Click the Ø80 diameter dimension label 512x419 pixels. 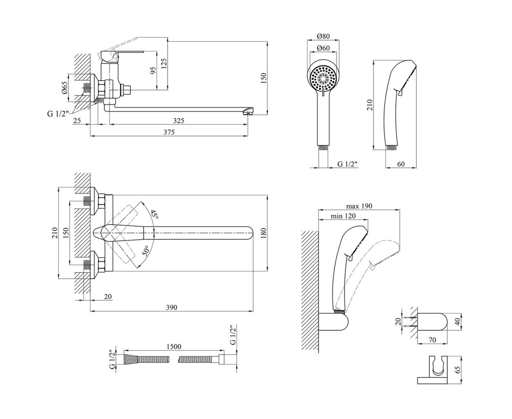click(323, 36)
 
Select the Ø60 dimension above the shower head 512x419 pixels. click(323, 48)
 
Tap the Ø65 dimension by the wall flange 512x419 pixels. click(65, 88)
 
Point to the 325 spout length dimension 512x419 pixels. click(178, 121)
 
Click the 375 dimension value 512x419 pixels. click(168, 132)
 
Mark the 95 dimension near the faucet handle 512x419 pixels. click(153, 70)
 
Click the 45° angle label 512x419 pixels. click(153, 214)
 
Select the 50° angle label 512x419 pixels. click(146, 250)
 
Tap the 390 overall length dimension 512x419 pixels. click(172, 307)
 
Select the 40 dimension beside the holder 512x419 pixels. click(457, 321)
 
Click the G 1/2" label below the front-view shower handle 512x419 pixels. click(348, 164)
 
